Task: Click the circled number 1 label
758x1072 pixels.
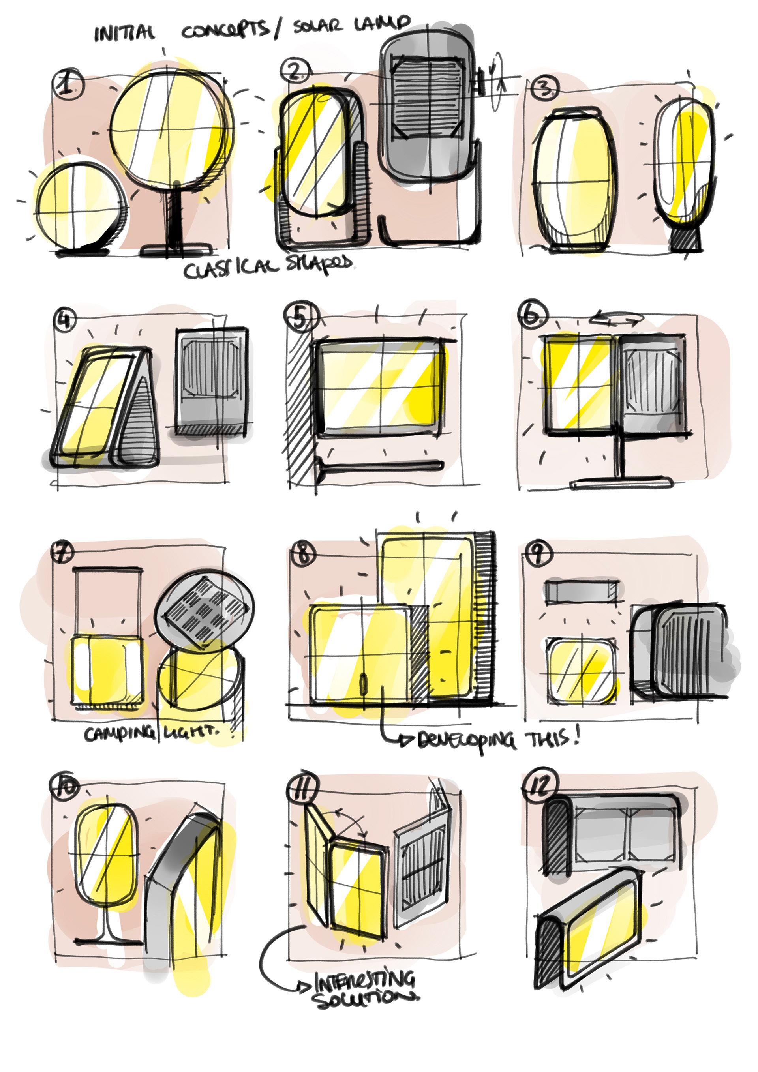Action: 68,84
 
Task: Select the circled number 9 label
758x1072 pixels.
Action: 537,554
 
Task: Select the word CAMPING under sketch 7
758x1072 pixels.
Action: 119,734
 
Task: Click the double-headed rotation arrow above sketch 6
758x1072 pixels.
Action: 617,319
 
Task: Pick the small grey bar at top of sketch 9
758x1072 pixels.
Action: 582,592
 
